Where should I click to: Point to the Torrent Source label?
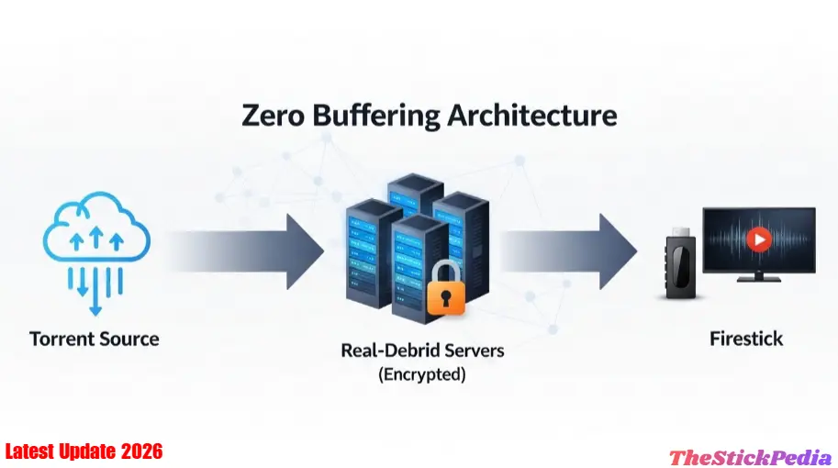click(x=95, y=339)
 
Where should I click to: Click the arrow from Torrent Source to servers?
click(x=248, y=248)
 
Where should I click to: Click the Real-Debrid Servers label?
click(x=422, y=351)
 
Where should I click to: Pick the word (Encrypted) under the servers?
click(x=422, y=374)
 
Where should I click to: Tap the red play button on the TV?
click(x=759, y=240)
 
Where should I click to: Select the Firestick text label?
click(x=746, y=339)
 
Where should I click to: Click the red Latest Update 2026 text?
click(x=84, y=451)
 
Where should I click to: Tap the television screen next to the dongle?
click(x=759, y=240)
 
